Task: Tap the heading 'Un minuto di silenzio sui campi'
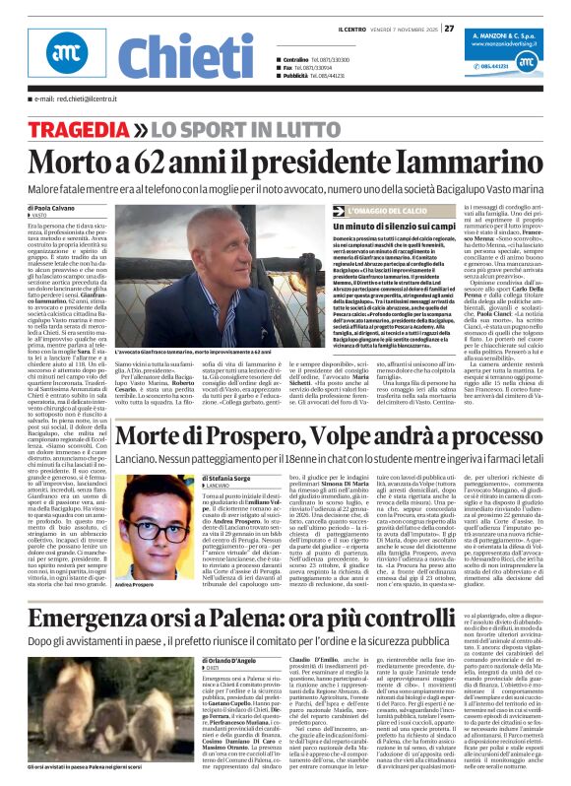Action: (x=387, y=227)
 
